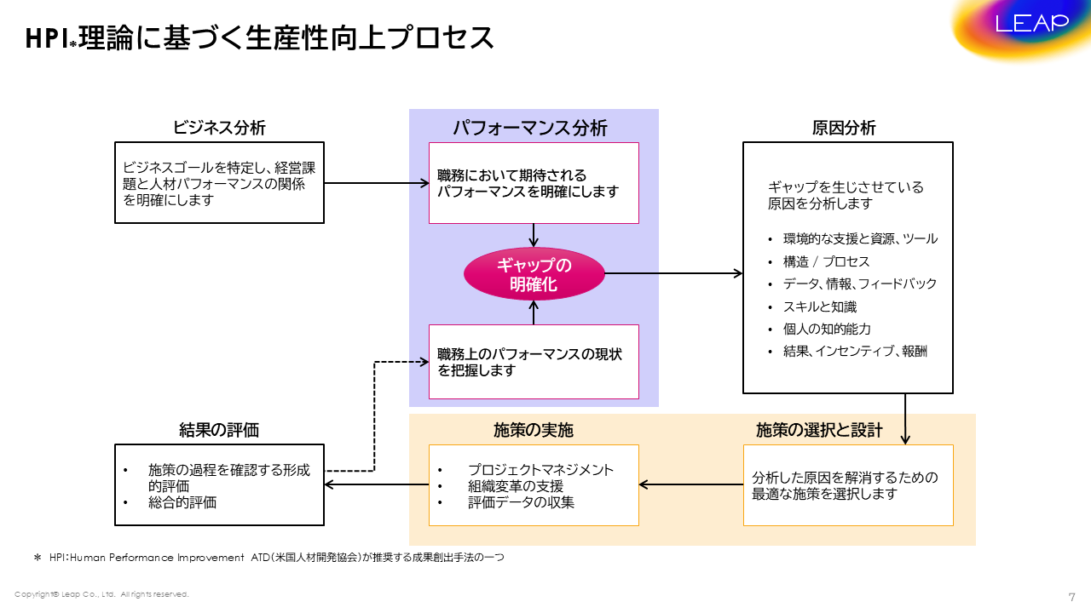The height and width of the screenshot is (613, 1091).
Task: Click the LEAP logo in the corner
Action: [1031, 23]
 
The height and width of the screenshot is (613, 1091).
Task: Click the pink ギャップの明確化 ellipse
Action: [534, 274]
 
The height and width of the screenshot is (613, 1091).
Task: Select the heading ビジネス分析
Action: [219, 128]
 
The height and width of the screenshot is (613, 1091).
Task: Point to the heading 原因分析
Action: [844, 128]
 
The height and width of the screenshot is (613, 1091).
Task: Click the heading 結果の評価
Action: [219, 430]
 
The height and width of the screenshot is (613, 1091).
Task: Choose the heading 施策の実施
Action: [534, 430]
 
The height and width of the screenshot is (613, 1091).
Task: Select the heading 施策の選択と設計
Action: [819, 430]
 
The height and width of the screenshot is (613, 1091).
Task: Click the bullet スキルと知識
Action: [819, 306]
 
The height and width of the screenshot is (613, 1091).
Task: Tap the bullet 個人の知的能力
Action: [827, 329]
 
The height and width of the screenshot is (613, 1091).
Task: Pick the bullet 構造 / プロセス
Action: [827, 261]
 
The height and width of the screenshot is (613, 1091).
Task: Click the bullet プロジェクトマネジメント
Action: [540, 470]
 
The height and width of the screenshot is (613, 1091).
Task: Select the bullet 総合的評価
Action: [182, 502]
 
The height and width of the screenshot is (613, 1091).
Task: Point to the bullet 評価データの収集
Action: [521, 502]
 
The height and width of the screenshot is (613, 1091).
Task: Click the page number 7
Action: [1071, 597]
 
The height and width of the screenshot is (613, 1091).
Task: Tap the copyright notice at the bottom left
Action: [101, 594]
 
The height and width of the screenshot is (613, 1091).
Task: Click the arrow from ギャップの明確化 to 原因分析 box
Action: [673, 273]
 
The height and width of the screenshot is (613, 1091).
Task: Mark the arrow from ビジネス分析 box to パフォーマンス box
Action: [376, 183]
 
